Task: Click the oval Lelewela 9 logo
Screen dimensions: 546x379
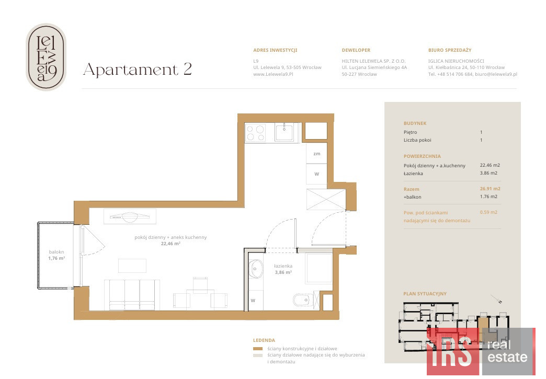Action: click(46, 57)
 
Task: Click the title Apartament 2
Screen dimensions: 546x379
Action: click(138, 70)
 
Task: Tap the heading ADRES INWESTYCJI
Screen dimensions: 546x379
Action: click(275, 50)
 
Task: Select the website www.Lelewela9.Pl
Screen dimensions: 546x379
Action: click(273, 74)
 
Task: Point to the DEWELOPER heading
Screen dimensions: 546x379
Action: click(356, 50)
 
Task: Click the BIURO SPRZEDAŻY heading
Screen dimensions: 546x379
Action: click(450, 50)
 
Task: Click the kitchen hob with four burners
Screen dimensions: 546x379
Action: click(255, 133)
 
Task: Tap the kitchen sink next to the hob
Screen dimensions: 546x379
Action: click(285, 132)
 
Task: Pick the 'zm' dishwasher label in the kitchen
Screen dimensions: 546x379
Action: click(316, 154)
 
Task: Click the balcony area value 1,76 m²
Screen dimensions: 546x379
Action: click(56, 258)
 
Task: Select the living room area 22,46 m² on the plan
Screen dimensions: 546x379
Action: click(170, 244)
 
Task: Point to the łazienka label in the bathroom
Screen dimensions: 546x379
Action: click(283, 266)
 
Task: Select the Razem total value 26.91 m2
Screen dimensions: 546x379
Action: click(490, 189)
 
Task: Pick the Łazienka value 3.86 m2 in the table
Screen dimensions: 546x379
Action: click(488, 173)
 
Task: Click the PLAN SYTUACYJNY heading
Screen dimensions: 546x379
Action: click(425, 294)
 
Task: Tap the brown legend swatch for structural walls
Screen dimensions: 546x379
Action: click(258, 349)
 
